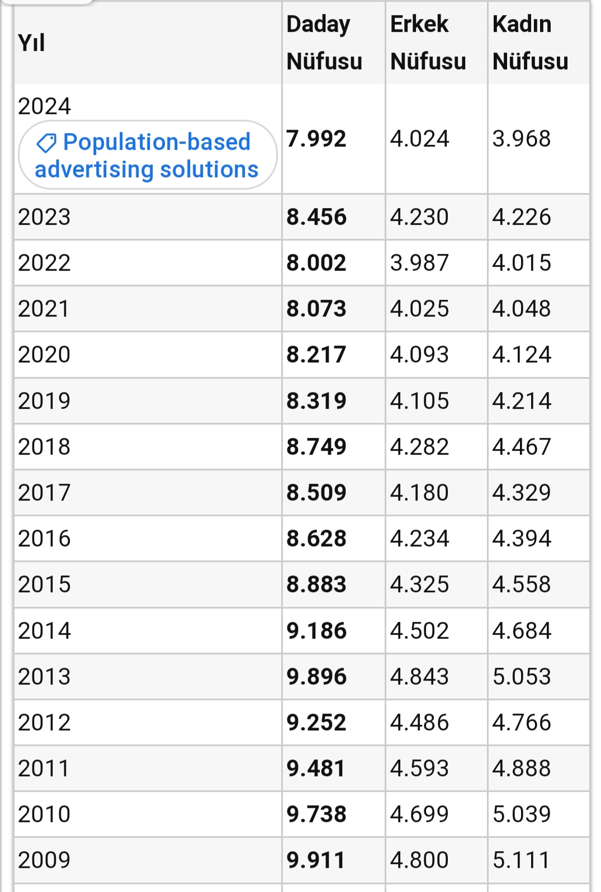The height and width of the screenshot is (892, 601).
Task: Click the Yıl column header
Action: [x=31, y=43]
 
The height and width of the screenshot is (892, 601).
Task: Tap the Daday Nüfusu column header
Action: [x=324, y=43]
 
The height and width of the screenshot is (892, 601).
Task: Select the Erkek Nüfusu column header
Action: [x=428, y=43]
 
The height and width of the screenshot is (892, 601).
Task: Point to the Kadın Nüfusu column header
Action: [x=530, y=43]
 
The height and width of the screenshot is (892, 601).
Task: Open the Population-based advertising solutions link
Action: [x=148, y=155]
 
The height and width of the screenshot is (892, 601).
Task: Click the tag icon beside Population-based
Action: [x=46, y=143]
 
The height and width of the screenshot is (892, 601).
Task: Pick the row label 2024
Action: [x=44, y=106]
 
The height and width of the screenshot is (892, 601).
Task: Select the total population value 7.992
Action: [x=316, y=139]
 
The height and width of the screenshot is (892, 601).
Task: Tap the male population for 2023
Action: [x=419, y=217]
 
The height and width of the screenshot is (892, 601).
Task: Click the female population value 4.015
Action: [x=522, y=263]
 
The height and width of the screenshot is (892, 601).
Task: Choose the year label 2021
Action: [x=44, y=309]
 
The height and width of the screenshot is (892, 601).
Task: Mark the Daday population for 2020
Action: [x=316, y=355]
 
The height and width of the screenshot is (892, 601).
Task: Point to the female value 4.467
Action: [x=522, y=447]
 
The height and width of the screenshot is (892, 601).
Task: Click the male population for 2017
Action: [x=419, y=493]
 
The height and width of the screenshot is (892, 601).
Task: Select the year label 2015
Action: [x=44, y=584]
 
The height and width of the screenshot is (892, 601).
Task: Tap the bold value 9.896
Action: [x=316, y=677]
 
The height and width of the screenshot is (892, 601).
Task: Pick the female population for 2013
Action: [x=522, y=677]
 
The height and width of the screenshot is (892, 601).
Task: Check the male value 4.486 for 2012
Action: [x=419, y=723]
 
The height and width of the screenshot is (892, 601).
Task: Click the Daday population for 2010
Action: [x=316, y=814]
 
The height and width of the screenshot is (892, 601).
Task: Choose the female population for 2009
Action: [x=522, y=860]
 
